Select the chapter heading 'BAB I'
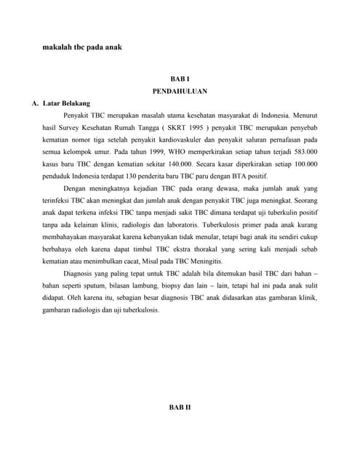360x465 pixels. [x=179, y=78]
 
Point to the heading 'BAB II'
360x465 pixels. [x=180, y=408]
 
